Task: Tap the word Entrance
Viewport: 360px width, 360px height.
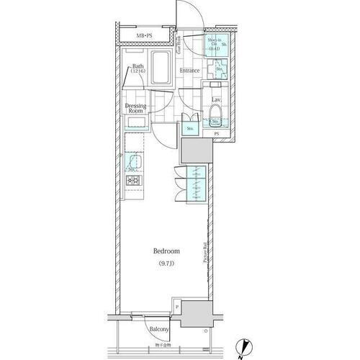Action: pyautogui.click(x=189, y=71)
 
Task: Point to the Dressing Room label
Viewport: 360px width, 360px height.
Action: pyautogui.click(x=136, y=108)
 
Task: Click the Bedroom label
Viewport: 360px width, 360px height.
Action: pyautogui.click(x=166, y=251)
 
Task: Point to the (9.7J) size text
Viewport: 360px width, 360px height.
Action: pyautogui.click(x=166, y=264)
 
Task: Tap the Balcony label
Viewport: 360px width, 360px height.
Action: pyautogui.click(x=159, y=330)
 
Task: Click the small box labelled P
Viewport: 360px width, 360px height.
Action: pyautogui.click(x=177, y=305)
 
